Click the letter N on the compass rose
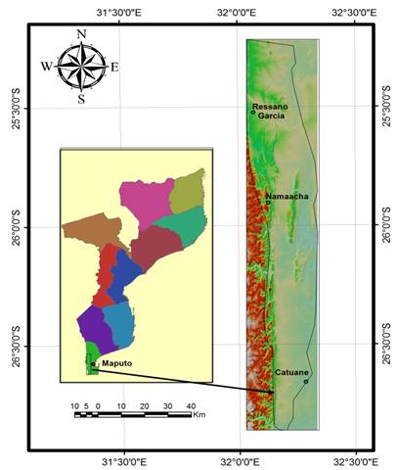coord(81,34)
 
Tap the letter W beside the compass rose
coord(46,67)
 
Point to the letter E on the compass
coord(114,67)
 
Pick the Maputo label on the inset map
coord(115,364)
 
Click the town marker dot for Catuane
coord(305,381)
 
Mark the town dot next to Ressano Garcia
coord(253,112)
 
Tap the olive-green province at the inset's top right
coord(188,191)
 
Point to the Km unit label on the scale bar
coord(199,416)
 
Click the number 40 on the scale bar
coord(190,404)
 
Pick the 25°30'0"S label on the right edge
coord(384,108)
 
